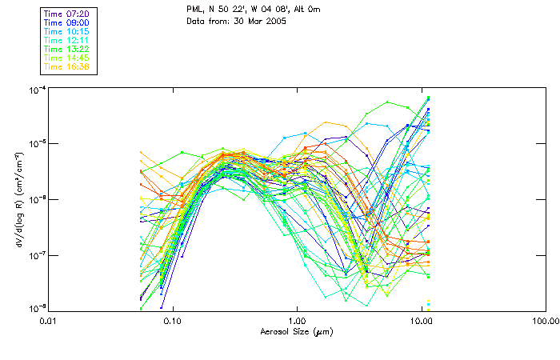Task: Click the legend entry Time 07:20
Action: [x=67, y=14]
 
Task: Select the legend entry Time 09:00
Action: [x=67, y=23]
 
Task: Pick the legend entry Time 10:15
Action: [x=67, y=32]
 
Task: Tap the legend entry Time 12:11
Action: [x=67, y=41]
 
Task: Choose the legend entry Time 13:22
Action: [x=67, y=50]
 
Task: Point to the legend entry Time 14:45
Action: [x=67, y=58]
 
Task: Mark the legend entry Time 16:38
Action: [x=67, y=67]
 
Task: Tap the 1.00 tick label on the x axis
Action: [x=297, y=320]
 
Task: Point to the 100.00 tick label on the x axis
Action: [x=544, y=320]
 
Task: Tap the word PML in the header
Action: [x=194, y=9]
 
